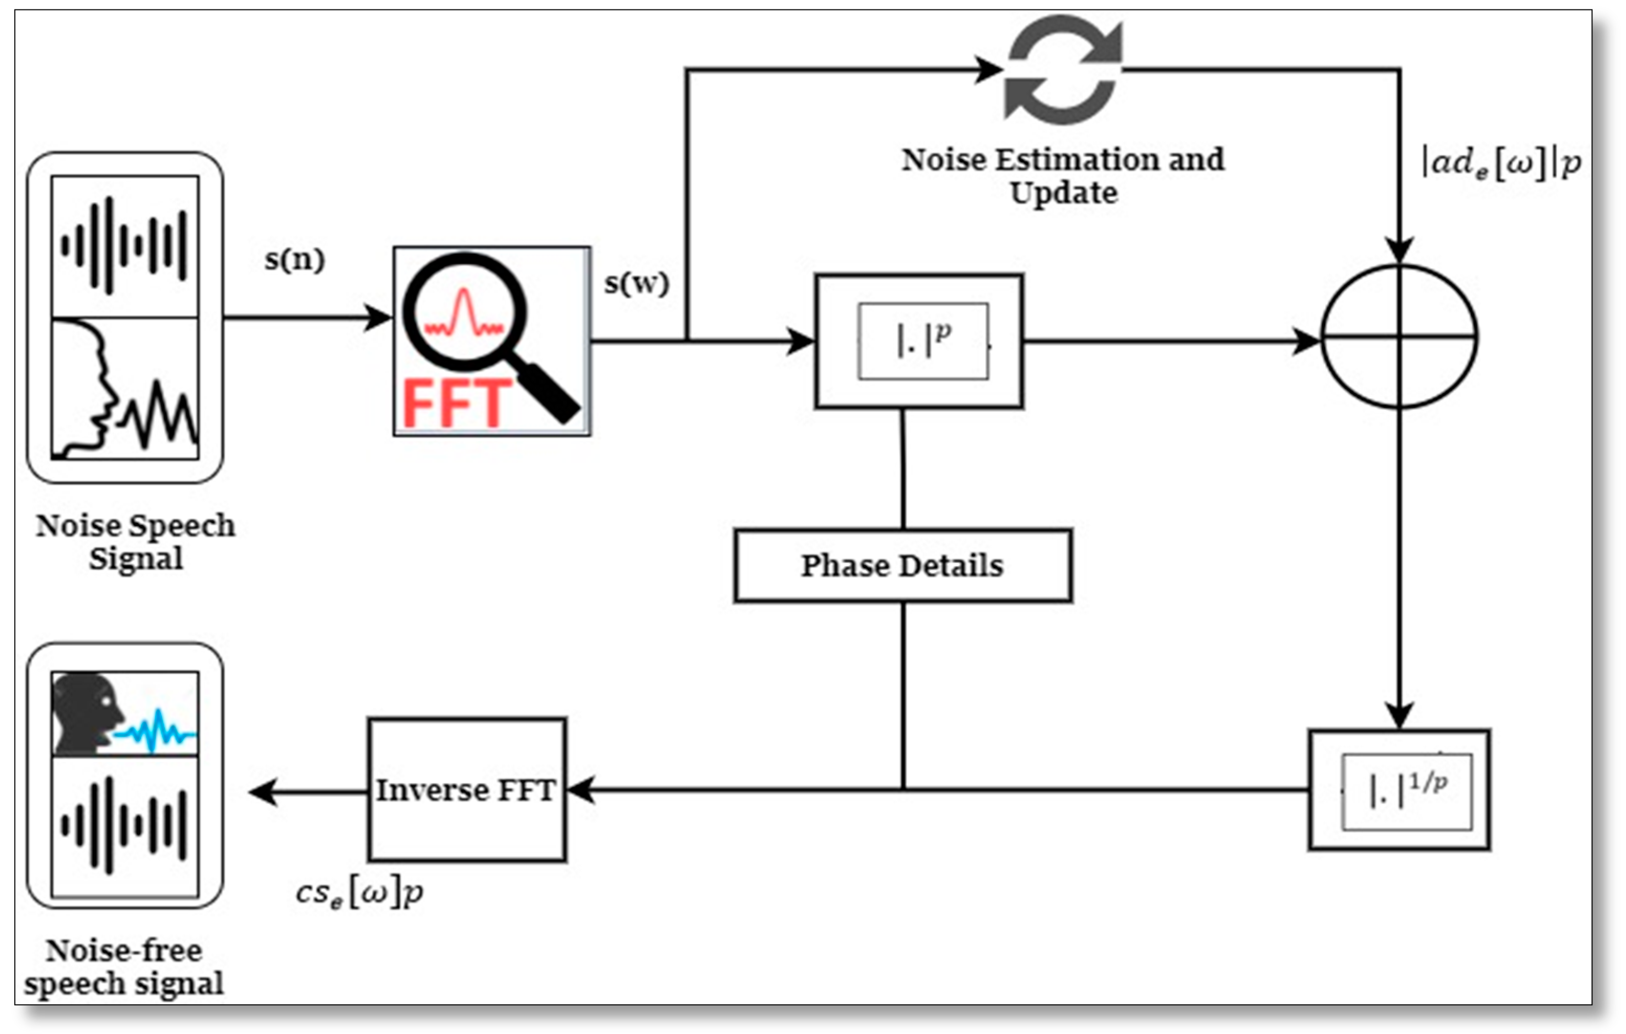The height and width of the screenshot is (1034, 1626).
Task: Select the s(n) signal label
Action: point(294,259)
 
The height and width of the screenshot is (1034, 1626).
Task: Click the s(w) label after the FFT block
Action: point(636,283)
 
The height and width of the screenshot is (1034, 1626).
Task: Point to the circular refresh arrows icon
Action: point(1063,70)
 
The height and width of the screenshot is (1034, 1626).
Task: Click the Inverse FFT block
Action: point(467,790)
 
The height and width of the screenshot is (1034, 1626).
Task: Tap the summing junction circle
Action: point(1399,336)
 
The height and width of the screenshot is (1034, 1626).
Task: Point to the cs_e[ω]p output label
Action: point(359,894)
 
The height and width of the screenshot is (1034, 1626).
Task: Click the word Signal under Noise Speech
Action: point(136,559)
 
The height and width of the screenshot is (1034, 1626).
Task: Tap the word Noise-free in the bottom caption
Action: point(124,950)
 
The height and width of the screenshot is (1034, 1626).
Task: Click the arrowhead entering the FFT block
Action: point(378,317)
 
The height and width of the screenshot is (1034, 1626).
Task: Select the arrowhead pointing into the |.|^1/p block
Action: point(1399,715)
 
